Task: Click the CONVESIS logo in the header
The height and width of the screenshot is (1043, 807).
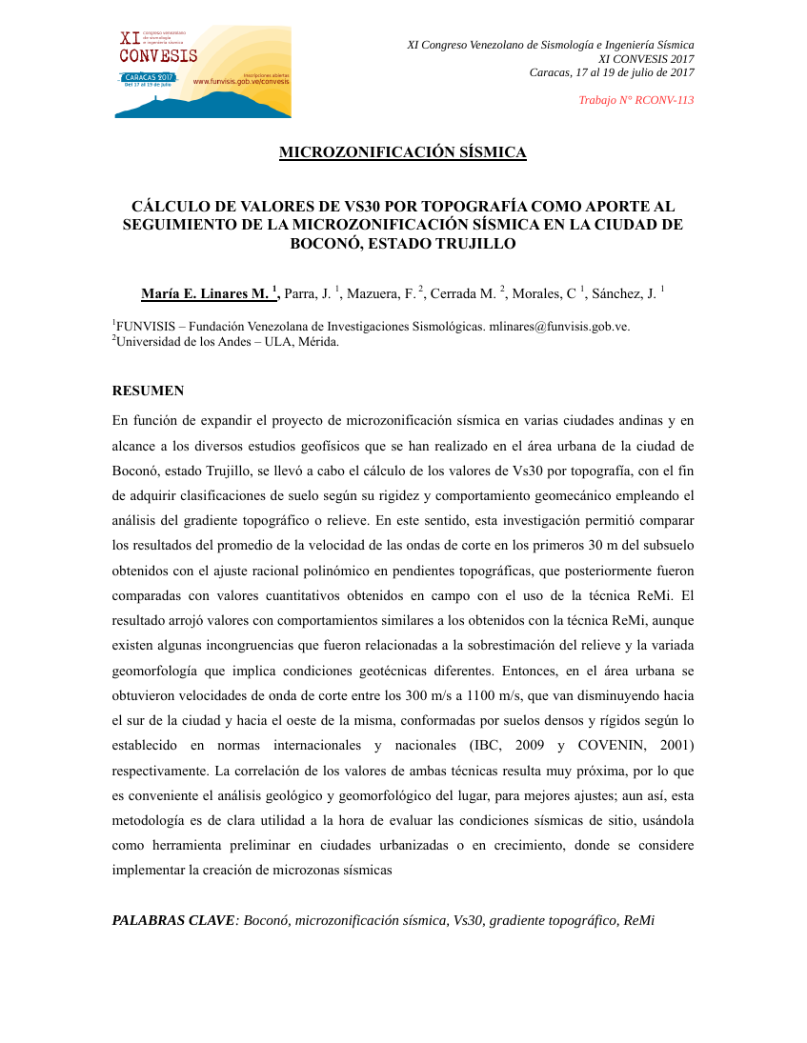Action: (x=202, y=71)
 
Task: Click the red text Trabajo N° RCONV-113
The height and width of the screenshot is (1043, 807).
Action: (x=636, y=100)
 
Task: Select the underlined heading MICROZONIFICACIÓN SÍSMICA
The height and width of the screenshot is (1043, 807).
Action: (x=402, y=152)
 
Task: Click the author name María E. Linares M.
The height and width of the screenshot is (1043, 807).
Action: (x=206, y=294)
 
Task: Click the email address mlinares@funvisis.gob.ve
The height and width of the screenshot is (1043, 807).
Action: (x=559, y=327)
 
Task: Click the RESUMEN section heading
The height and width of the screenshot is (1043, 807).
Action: (x=148, y=391)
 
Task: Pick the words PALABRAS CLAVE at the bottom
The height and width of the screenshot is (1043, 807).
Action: (x=173, y=920)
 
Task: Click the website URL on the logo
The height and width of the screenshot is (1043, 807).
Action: (x=240, y=82)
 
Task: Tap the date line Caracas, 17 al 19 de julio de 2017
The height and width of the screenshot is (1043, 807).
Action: (x=611, y=72)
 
